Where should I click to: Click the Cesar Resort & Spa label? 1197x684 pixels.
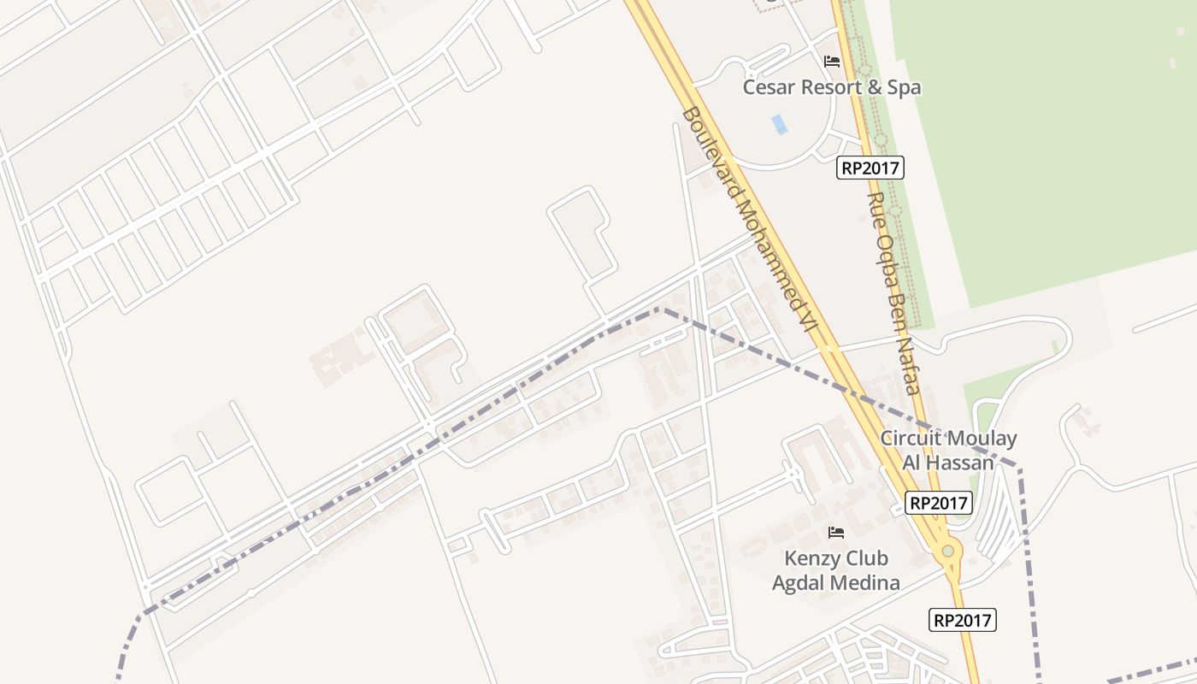coord(832,87)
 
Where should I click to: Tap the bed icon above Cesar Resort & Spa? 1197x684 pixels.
coord(832,62)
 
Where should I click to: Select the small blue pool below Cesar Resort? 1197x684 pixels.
coord(779,125)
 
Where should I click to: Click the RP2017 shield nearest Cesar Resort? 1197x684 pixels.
coord(870,168)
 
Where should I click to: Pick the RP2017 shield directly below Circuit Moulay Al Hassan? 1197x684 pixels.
coord(939,504)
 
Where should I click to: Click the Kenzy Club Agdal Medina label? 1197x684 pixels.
coord(836,570)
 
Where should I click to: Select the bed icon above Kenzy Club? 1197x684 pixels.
coord(836,533)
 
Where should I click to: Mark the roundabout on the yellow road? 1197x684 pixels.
coord(947,551)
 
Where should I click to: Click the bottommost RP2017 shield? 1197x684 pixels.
coord(963,620)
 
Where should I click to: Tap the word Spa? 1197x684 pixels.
coord(904,87)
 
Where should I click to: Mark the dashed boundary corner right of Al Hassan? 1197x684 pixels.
coord(1019,467)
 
